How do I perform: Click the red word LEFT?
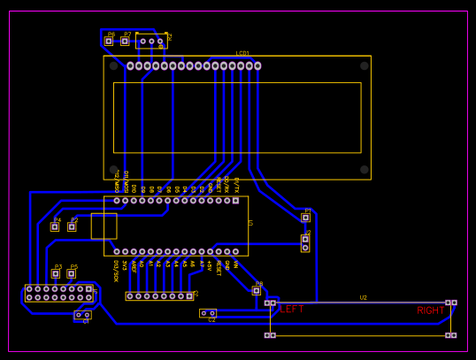coord(292,310)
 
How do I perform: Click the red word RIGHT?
coord(431,310)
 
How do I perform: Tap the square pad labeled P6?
coord(109,41)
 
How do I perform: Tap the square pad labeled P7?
coord(125,41)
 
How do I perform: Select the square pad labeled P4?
coord(55,226)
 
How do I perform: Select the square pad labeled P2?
coord(72,226)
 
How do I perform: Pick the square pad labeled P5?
coord(72,273)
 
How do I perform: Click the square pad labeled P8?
coord(257,290)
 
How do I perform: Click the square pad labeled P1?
coord(305,217)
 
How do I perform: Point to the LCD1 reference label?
coord(242,53)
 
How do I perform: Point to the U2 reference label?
coord(363,297)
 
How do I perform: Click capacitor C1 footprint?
coord(82,315)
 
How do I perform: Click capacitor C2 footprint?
coord(208,313)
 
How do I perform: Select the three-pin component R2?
coord(151,41)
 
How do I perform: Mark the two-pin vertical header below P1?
coord(305,243)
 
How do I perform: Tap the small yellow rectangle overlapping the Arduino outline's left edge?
coord(104,226)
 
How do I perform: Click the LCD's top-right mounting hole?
coord(364,65)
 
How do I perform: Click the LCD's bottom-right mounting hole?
coord(364,169)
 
